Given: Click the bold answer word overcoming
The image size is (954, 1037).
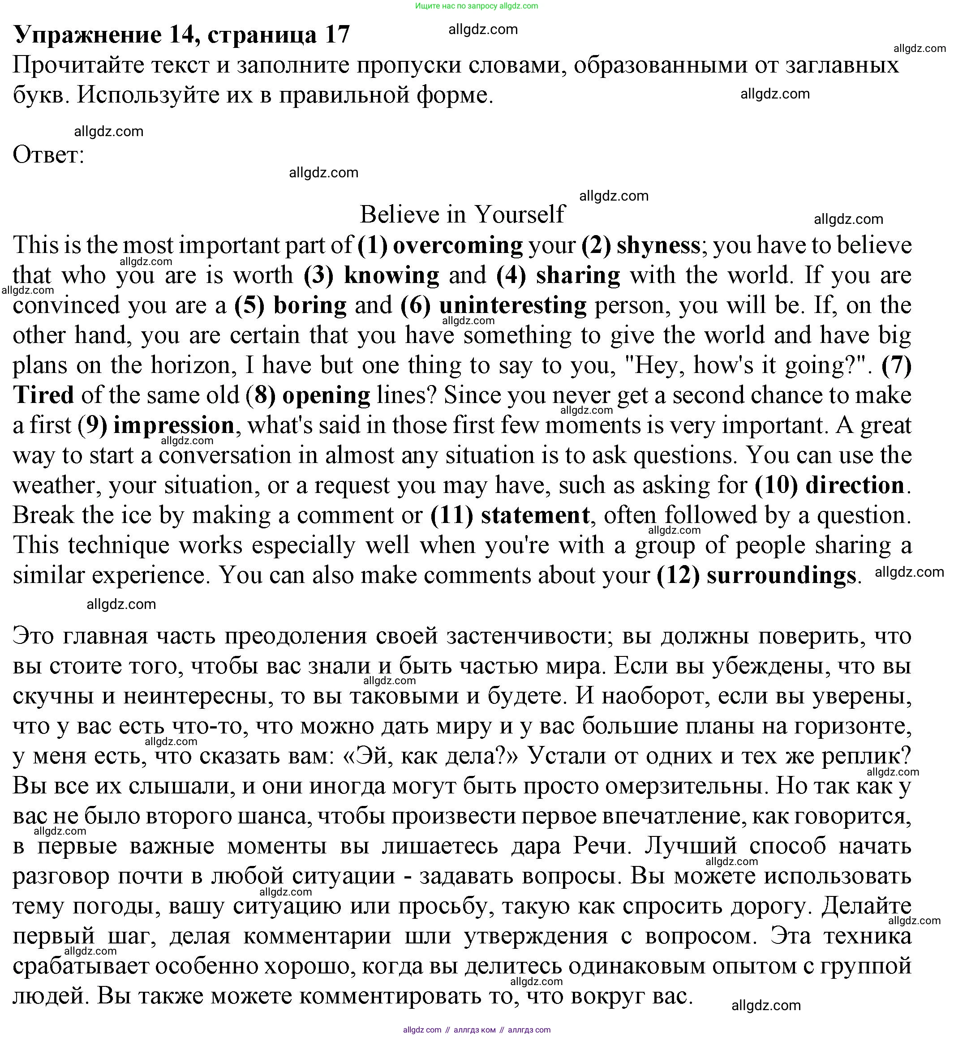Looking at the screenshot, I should click(458, 245).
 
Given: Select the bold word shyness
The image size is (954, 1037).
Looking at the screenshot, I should click(658, 245).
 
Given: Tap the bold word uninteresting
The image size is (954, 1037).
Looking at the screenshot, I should click(513, 305).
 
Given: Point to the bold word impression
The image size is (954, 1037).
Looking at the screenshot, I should click(173, 425).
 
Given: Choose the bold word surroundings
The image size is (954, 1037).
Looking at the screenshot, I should click(781, 575).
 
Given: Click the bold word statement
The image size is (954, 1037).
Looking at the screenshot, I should click(535, 515).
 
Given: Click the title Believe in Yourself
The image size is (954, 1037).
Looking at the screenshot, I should click(462, 214).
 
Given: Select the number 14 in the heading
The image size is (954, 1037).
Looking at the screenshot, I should click(182, 35).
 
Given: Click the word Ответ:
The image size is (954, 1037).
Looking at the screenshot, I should click(48, 154).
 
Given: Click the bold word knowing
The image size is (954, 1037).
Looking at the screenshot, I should click(391, 275).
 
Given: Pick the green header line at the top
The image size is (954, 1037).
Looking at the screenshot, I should click(477, 6).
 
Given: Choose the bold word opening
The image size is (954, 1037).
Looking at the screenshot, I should click(326, 395).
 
